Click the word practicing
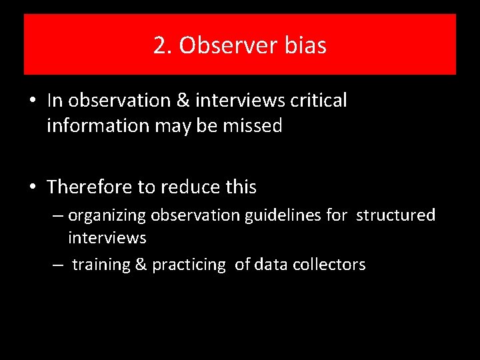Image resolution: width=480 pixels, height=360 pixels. point(189,265)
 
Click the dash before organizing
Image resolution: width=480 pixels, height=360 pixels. point(59,216)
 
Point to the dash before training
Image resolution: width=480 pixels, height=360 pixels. point(59,265)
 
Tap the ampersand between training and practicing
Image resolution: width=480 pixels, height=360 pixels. point(141,265)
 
